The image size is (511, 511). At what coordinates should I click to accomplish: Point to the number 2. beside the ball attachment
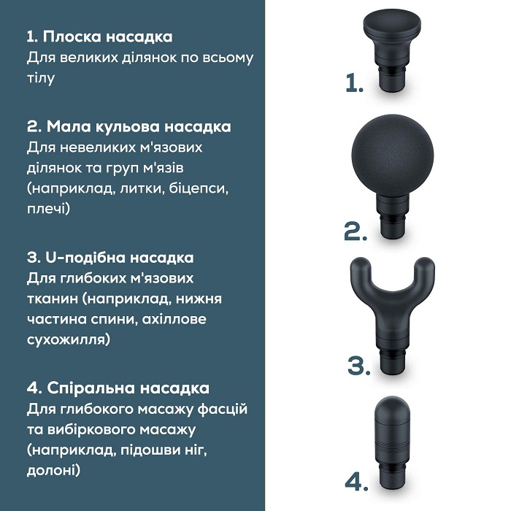click(x=356, y=231)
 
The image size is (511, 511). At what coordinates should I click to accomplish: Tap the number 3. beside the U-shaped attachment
click(x=358, y=364)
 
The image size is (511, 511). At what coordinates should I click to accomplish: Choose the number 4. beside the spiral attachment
click(x=356, y=482)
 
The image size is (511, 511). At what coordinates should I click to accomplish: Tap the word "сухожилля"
click(x=68, y=339)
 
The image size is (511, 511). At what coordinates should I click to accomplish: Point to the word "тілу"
click(x=41, y=77)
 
